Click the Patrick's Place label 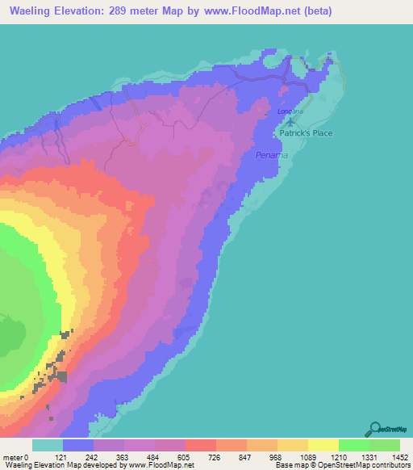[x=306, y=133]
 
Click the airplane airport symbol [x=290, y=121]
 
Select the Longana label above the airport [x=289, y=111]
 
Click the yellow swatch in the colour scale [x=323, y=445]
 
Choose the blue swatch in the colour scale [x=78, y=445]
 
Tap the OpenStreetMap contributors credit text [x=362, y=464]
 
